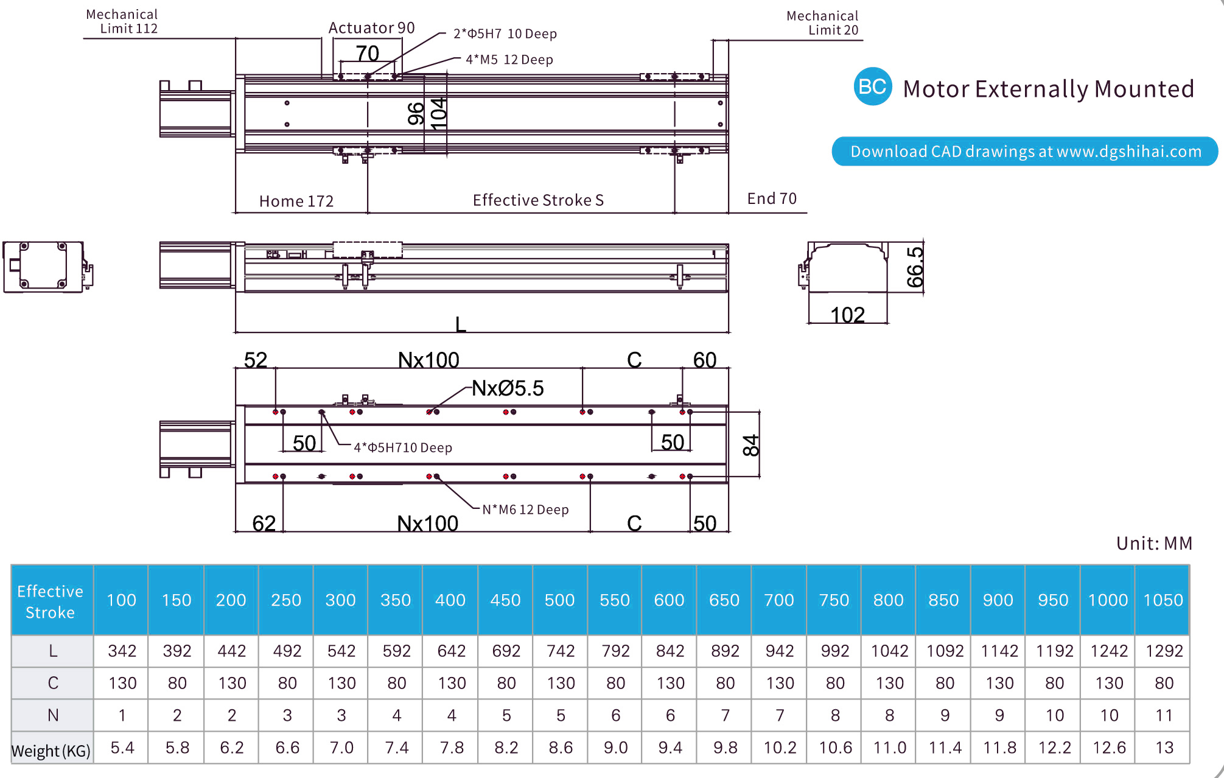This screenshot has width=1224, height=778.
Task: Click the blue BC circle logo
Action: click(x=872, y=86)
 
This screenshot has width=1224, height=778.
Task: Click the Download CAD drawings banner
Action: click(x=1025, y=152)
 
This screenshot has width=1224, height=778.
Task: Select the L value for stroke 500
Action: click(x=560, y=651)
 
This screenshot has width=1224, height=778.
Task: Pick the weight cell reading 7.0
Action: click(x=341, y=747)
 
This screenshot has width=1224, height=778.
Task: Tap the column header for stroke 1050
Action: click(x=1163, y=600)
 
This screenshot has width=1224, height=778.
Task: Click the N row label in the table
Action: click(x=53, y=715)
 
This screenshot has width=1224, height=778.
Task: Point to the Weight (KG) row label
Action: click(x=51, y=750)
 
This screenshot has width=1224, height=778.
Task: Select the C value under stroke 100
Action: click(x=122, y=683)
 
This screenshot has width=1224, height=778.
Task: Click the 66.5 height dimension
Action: click(x=915, y=267)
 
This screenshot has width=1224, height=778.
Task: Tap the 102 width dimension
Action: click(x=847, y=315)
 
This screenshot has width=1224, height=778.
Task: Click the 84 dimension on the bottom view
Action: click(x=752, y=445)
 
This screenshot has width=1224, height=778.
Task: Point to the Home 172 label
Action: click(x=296, y=202)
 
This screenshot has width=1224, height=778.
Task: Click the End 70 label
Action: click(x=772, y=199)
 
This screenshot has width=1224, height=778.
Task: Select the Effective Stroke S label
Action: click(x=538, y=200)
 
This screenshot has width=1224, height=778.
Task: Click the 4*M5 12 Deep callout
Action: click(x=509, y=60)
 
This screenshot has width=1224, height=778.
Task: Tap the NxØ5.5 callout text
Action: click(x=508, y=388)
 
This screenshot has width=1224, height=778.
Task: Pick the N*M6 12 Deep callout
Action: click(x=525, y=510)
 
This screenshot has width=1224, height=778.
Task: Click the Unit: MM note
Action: click(x=1154, y=543)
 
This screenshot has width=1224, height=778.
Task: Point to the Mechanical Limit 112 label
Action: click(x=122, y=21)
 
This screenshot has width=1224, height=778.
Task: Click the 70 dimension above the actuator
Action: click(x=368, y=54)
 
